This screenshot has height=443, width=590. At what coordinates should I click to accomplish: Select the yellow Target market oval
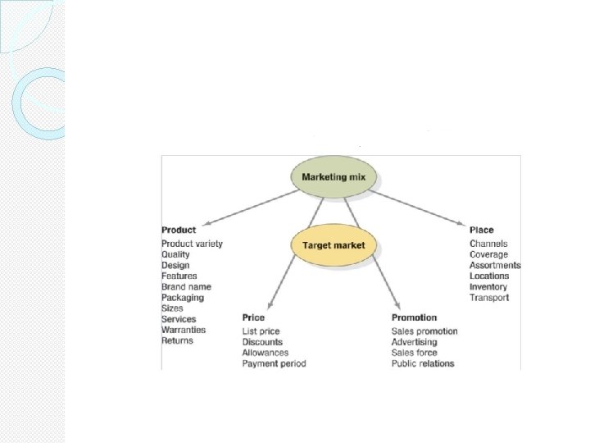click(334, 245)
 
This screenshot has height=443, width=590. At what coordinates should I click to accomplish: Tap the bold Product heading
click(179, 231)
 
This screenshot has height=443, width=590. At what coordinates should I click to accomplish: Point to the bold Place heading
click(482, 231)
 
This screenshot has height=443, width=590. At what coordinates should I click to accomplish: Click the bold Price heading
click(253, 317)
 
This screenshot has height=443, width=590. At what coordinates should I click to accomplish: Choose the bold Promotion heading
click(414, 317)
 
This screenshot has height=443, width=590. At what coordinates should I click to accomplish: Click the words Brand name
click(186, 287)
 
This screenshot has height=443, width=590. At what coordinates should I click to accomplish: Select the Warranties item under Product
click(184, 330)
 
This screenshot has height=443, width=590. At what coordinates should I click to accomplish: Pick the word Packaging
click(183, 298)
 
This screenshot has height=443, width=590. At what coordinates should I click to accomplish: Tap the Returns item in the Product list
click(177, 340)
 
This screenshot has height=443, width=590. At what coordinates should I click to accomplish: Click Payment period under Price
click(274, 363)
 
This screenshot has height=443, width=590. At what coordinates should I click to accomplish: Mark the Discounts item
click(262, 342)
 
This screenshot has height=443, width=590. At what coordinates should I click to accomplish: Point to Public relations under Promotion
click(423, 363)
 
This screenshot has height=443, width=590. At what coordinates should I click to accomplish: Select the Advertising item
click(414, 342)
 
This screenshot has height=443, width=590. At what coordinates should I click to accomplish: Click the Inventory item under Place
click(488, 287)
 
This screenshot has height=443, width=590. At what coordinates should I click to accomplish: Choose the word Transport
click(489, 298)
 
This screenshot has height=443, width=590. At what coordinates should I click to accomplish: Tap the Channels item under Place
click(488, 244)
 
